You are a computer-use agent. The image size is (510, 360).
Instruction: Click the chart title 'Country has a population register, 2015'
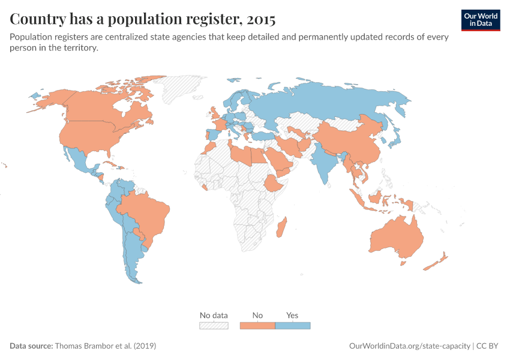(143, 19)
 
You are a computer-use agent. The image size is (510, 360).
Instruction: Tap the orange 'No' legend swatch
(257, 325)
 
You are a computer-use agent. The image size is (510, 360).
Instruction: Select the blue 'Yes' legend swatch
(292, 325)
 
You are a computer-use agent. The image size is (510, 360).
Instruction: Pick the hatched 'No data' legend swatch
(214, 325)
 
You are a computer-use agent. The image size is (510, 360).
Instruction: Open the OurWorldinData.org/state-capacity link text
(409, 346)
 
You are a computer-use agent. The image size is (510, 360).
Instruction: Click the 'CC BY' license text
(488, 346)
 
